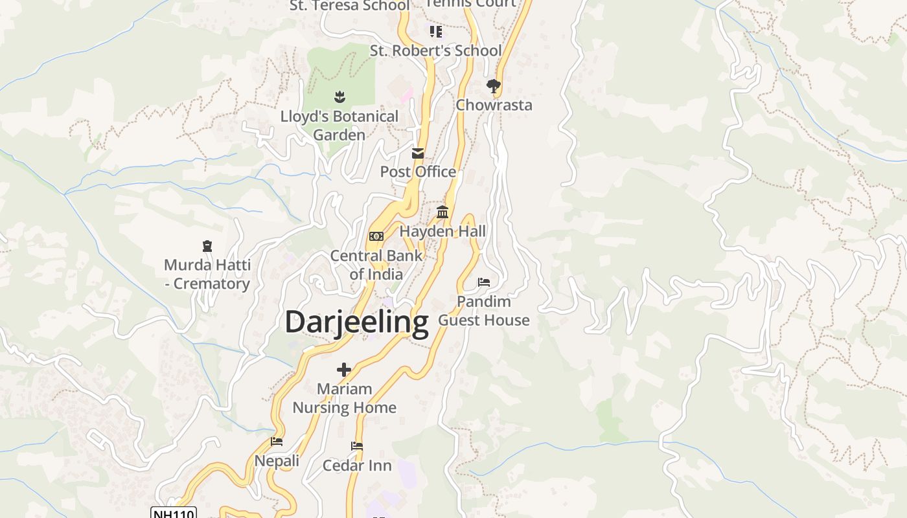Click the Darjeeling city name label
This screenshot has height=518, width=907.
(x=356, y=322)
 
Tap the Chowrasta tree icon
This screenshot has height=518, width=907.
(x=494, y=85)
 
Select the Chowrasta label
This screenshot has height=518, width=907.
(x=494, y=105)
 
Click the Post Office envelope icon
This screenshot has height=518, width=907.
(x=418, y=153)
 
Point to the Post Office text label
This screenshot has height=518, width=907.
(x=418, y=172)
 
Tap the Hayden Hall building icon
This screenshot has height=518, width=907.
(x=442, y=212)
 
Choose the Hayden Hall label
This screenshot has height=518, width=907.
(x=442, y=231)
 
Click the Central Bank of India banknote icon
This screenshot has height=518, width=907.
(x=376, y=236)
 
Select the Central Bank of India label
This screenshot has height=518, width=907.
(x=376, y=264)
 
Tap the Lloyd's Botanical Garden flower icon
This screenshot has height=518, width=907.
(x=339, y=97)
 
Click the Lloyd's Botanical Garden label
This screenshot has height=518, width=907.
(x=339, y=126)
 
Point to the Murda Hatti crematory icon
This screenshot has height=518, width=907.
(x=207, y=246)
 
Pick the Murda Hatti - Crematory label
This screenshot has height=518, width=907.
(x=207, y=274)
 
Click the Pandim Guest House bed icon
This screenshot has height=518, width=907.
(x=484, y=282)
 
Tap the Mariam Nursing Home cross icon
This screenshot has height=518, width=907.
(x=344, y=370)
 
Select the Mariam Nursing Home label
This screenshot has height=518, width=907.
(x=344, y=398)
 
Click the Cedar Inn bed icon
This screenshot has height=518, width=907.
(x=357, y=446)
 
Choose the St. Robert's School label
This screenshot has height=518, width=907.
(x=436, y=51)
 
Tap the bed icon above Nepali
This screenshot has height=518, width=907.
(x=277, y=442)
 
